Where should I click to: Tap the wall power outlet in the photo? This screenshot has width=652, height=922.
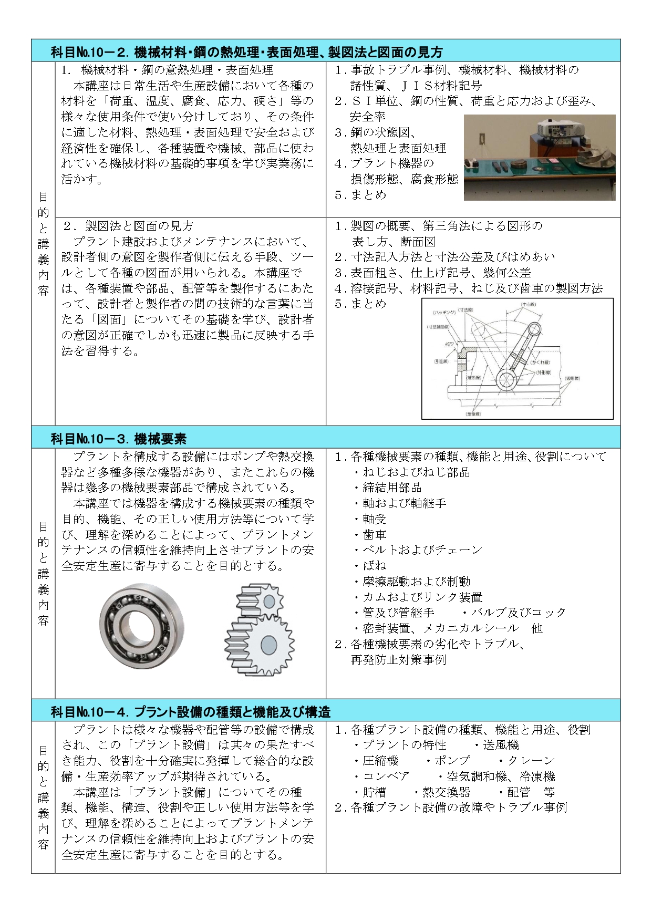pyautogui.click(x=481, y=140)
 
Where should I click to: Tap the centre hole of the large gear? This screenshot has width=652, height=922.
pyautogui.click(x=268, y=645)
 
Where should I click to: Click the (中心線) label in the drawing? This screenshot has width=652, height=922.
pyautogui.click(x=528, y=305)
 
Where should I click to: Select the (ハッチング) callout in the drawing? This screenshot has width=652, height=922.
pyautogui.click(x=444, y=312)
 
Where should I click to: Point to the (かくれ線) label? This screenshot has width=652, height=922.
pyautogui.click(x=539, y=362)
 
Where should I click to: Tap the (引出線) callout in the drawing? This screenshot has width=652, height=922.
pyautogui.click(x=441, y=361)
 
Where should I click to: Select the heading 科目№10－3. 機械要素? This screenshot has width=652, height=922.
pyautogui.click(x=119, y=439)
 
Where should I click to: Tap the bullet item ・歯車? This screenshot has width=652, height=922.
pyautogui.click(x=374, y=535)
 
